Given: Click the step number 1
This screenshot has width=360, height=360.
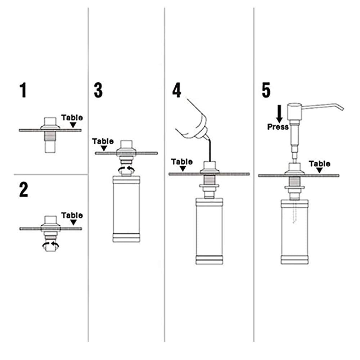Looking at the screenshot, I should click(23, 90).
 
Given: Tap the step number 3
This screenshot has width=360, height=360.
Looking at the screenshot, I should click(98, 90).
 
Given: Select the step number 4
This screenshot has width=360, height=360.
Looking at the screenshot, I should click(176, 90).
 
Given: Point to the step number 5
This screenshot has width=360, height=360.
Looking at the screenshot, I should click(266, 90).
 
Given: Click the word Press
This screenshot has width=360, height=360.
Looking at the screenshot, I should click(278, 127).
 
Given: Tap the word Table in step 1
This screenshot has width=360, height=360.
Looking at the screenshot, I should click(72, 117).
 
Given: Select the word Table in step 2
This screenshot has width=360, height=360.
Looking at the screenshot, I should click(72, 215).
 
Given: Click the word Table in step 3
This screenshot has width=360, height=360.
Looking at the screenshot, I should click(103, 141).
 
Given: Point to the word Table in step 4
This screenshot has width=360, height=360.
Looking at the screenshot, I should click(182, 162).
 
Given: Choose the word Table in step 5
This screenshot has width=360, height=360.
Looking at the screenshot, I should click(320, 164).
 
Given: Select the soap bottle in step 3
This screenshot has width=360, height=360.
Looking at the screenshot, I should click(126, 209).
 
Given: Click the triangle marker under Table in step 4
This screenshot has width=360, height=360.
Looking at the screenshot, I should click(182, 168).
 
